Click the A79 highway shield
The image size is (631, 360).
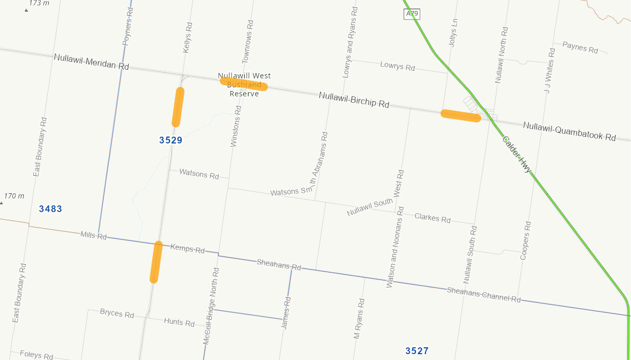pos(412,14)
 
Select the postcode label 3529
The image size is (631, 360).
pos(171,140)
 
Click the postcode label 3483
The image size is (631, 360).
pos(50,209)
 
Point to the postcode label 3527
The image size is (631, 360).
pos(417,351)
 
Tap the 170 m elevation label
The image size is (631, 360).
pos(14,196)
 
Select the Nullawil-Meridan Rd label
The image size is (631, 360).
pos(91,61)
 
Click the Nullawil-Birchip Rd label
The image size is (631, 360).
pos(354,100)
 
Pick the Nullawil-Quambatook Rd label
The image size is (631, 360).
pos(569,131)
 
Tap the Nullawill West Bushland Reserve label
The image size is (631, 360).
pos(244,85)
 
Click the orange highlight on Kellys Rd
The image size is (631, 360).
pos(178,107)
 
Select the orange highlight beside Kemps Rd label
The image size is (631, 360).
pos(155,262)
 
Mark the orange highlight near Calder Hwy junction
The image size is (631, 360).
pos(460,115)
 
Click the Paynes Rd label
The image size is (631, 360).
pos(580,48)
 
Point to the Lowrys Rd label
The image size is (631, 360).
pos(397,66)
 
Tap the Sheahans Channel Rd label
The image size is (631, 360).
pos(484,295)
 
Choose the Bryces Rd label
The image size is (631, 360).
pos(117,313)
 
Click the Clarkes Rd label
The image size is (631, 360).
pos(432,218)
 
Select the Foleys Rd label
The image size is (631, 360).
pos(36,355)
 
